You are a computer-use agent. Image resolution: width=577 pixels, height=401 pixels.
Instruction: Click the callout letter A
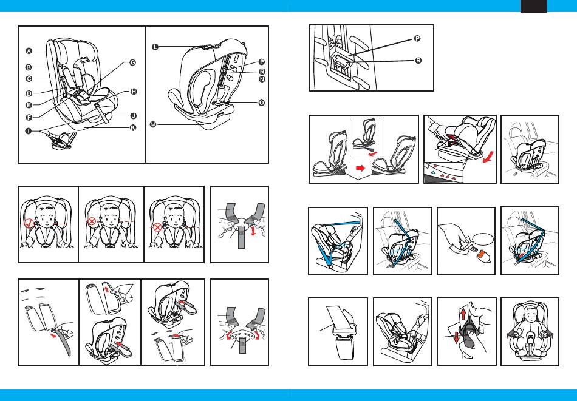(x=29, y=51)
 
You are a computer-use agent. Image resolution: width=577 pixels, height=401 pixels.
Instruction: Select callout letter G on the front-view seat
(x=132, y=62)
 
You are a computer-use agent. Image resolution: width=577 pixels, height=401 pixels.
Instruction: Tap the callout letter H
(x=134, y=92)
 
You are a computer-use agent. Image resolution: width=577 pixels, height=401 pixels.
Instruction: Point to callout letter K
(x=133, y=127)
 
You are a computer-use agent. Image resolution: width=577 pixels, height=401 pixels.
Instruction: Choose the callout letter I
(x=29, y=130)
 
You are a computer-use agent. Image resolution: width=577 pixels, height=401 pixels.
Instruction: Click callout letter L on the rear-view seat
(x=155, y=47)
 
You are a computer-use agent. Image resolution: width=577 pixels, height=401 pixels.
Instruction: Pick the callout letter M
(x=153, y=124)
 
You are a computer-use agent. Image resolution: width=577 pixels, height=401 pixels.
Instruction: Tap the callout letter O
(x=261, y=103)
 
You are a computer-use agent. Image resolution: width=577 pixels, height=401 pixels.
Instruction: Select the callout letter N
(x=262, y=79)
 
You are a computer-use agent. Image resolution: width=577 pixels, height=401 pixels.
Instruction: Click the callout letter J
(x=134, y=116)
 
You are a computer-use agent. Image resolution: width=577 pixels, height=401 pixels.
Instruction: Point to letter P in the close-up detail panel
(x=417, y=38)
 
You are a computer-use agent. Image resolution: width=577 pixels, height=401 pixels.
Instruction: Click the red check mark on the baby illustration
(x=29, y=223)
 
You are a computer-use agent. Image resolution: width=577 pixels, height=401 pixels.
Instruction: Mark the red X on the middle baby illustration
(x=91, y=221)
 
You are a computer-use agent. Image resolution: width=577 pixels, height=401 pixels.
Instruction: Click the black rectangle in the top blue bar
(x=534, y=6)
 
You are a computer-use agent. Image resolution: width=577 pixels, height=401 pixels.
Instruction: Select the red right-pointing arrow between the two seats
(x=361, y=168)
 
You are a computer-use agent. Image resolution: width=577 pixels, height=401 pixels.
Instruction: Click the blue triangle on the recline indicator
(x=434, y=172)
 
